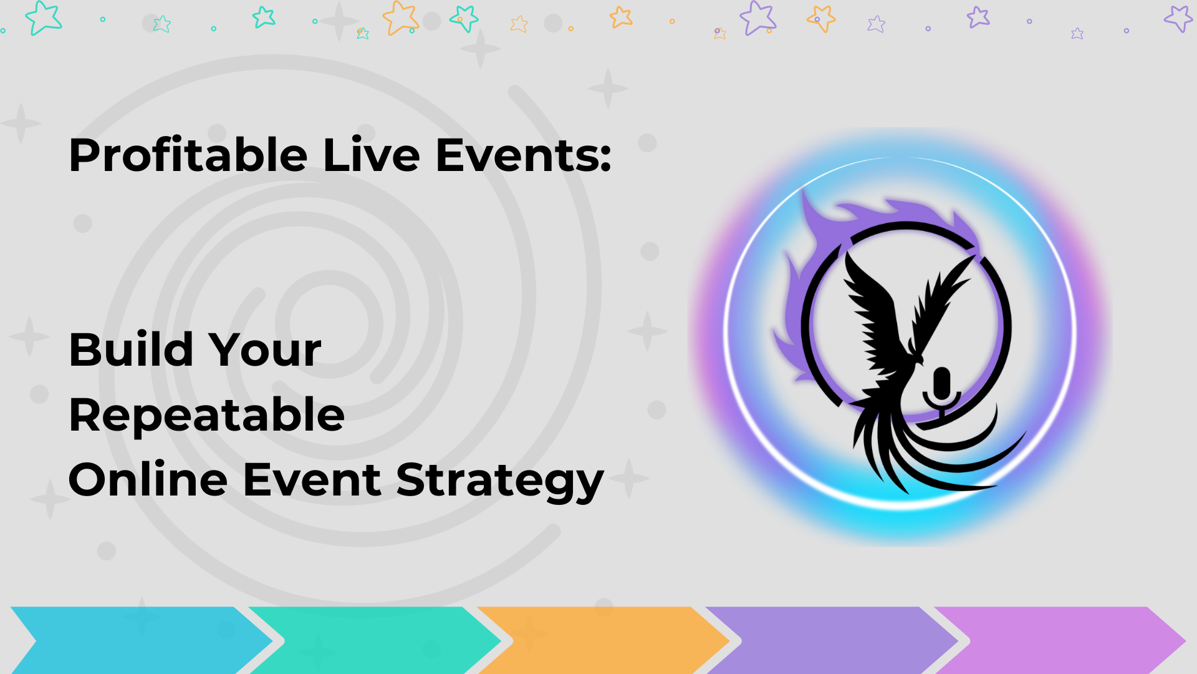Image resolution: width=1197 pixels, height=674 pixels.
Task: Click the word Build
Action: click(x=131, y=349)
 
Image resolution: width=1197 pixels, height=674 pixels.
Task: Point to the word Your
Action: click(x=265, y=349)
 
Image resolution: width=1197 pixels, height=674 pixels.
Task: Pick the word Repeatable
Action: click(x=206, y=414)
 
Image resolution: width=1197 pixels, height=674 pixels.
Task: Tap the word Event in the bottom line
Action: click(x=312, y=480)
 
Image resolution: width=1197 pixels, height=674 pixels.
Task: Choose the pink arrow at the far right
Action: click(x=1060, y=640)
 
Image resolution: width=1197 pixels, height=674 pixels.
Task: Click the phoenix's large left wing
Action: click(x=873, y=312)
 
